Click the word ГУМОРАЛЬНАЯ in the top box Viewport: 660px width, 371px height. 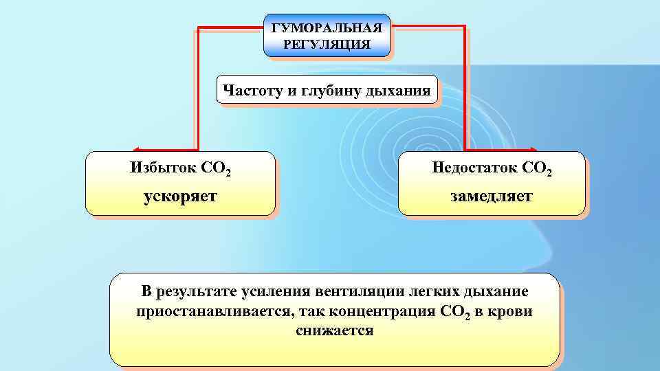point(327,29)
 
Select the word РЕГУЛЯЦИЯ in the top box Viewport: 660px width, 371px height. point(327,45)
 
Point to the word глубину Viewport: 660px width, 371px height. point(335,91)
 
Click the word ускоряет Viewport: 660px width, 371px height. point(180,196)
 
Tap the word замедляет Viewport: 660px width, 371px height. point(492,196)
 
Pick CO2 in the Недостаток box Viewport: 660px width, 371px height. point(537,168)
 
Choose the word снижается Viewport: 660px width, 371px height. point(335,331)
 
